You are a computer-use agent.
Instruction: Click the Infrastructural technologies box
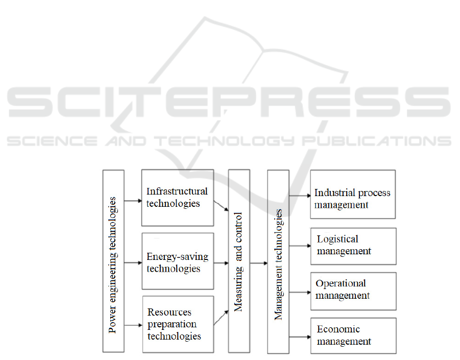177,198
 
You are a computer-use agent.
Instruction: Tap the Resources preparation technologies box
178,324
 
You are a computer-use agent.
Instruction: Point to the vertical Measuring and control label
238,261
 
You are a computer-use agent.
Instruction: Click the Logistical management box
353,246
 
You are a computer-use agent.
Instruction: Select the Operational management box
353,291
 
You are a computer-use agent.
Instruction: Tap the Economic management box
353,335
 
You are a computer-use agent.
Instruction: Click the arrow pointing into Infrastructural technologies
132,201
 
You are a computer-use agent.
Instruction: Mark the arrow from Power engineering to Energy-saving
132,263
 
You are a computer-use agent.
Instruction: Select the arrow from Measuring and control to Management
258,263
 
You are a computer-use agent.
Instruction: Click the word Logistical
337,239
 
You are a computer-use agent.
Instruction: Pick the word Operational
341,283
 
